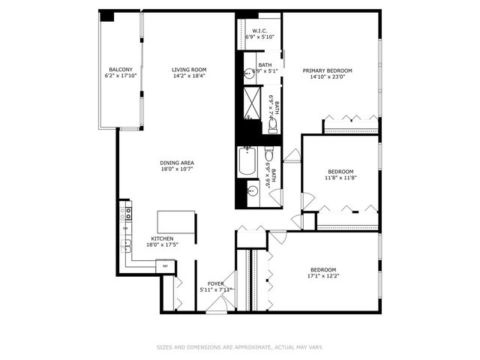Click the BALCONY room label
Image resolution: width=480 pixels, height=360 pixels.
[x=121, y=70]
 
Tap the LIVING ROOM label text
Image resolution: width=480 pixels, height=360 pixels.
[x=189, y=70]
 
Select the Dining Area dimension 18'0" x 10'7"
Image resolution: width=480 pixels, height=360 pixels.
[x=177, y=169]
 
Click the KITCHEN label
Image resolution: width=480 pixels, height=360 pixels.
[x=162, y=238]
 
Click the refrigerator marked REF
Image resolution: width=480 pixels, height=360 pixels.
[x=166, y=265]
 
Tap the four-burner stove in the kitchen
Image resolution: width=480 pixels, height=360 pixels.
[x=127, y=214]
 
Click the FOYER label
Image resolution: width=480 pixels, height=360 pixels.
[x=216, y=283]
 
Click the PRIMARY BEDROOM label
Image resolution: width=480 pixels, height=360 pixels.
[x=327, y=70]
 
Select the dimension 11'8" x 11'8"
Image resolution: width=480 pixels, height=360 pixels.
[x=340, y=178]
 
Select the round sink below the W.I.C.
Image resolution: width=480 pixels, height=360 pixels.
[x=248, y=74]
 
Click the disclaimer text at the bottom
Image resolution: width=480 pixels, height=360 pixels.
[x=240, y=347]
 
